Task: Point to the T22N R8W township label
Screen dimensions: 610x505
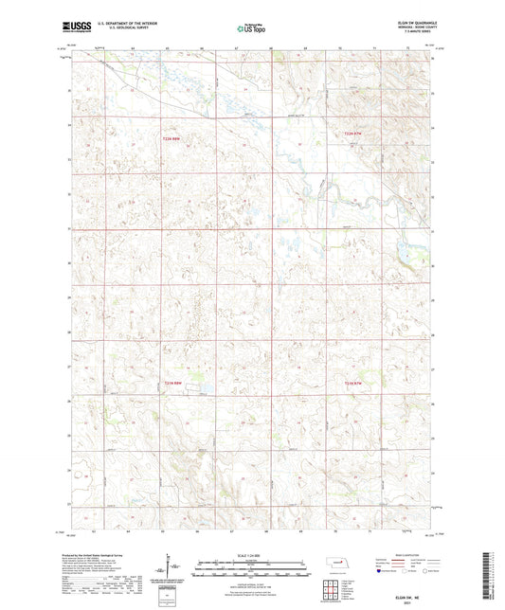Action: coord(169,138)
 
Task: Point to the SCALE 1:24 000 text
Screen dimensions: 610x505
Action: coord(251,556)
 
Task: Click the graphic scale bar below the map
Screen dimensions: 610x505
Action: coord(251,566)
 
